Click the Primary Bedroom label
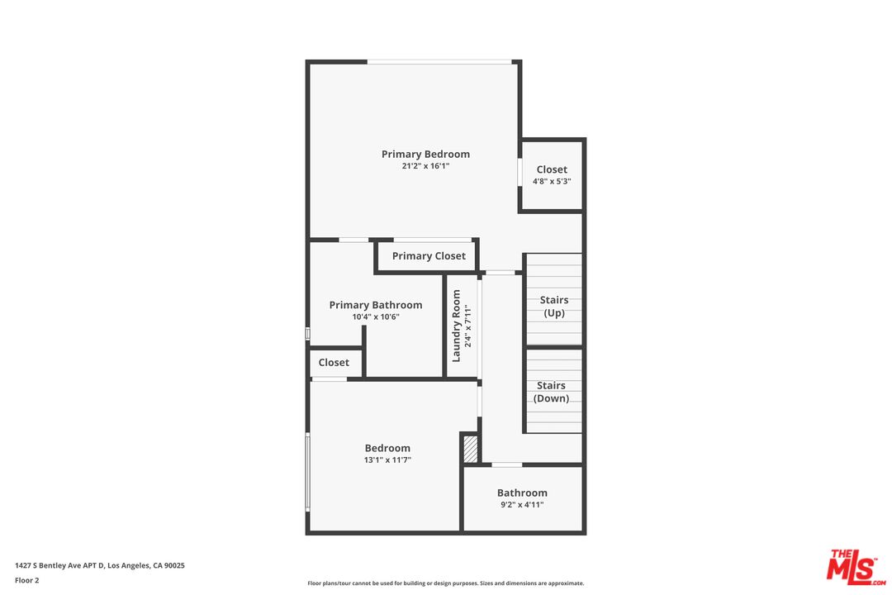[x=425, y=155]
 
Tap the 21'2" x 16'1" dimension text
[x=425, y=166]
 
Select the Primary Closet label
[x=429, y=256]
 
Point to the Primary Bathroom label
[x=376, y=305]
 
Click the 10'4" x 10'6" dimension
[x=376, y=317]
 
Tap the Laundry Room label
[x=456, y=326]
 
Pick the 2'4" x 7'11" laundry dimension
[x=468, y=326]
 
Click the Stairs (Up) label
[x=554, y=307]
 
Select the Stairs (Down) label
[x=551, y=392]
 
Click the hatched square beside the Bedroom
[x=471, y=450]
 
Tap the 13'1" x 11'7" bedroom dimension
[x=387, y=460]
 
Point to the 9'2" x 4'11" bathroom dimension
[x=522, y=505]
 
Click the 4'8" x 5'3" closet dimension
[x=552, y=182]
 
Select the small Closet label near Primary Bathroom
[x=334, y=363]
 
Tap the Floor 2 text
[x=26, y=581]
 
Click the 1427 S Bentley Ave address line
[x=100, y=566]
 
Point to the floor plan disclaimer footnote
[x=445, y=583]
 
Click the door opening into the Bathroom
[x=507, y=465]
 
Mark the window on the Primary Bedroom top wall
[x=439, y=62]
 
